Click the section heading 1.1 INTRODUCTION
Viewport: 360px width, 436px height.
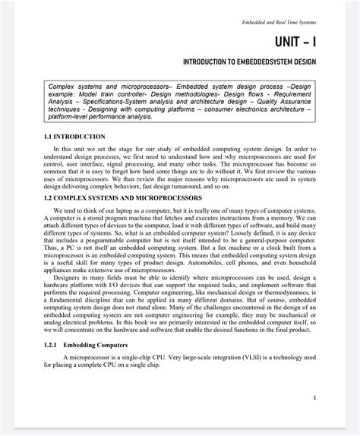coord(74,137)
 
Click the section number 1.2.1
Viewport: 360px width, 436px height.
coord(52,345)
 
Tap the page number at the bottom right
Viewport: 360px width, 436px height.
coord(314,397)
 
